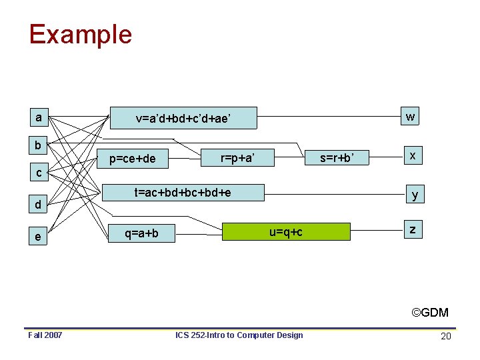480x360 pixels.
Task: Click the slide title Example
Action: point(80,34)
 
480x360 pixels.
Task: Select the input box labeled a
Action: point(39,118)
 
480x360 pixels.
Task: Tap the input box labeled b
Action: point(39,145)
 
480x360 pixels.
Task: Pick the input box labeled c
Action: point(39,173)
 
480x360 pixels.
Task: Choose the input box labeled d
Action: point(39,205)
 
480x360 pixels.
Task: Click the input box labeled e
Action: point(39,237)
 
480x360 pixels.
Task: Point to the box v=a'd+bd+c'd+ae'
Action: point(183,119)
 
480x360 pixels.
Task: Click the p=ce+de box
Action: point(133,158)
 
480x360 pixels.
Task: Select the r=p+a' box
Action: point(237,157)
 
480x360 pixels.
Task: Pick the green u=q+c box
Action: point(286,231)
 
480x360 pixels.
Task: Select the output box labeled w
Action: point(411,117)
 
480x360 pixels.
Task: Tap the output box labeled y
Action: point(415,195)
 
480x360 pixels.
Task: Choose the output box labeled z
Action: point(413,230)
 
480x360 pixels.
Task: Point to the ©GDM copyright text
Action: point(430,313)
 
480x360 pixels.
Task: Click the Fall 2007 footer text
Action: point(45,335)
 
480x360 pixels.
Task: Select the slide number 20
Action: point(446,336)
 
